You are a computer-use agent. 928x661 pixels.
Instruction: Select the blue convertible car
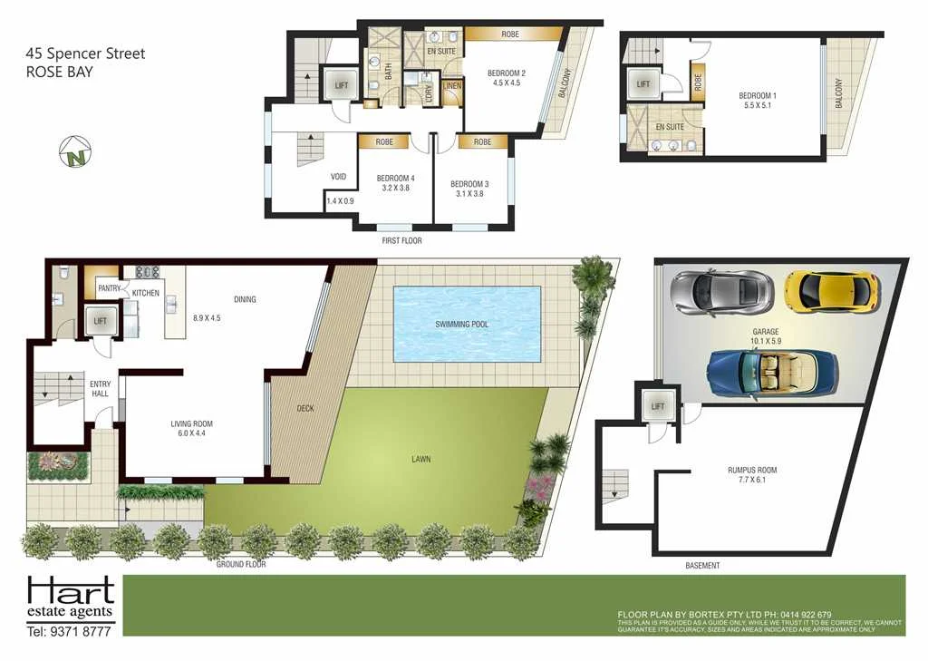pos(773,370)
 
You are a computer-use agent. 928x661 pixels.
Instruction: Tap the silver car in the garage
pos(721,289)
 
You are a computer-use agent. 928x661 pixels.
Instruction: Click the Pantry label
pos(109,289)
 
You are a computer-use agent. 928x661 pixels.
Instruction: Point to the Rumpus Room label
pos(751,470)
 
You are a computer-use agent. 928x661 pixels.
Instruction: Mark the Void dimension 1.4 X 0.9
pos(341,200)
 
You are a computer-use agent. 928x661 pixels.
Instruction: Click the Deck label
pos(305,408)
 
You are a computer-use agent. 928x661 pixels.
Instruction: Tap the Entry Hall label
pos(100,389)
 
